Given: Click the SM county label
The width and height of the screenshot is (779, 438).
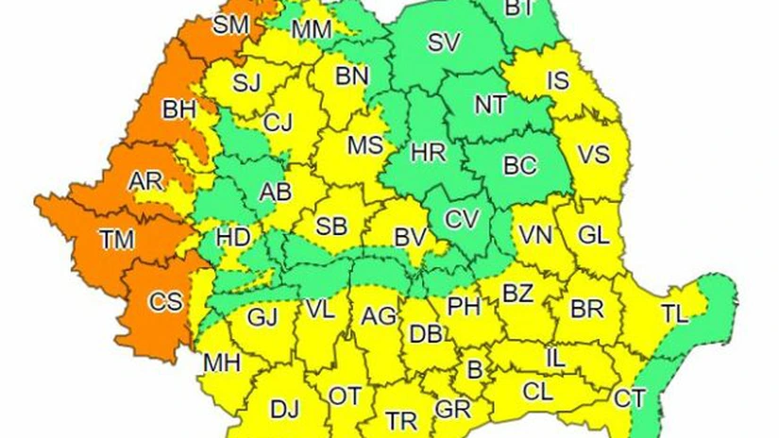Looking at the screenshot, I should point(230,25).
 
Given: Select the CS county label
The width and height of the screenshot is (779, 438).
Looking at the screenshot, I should point(166,303).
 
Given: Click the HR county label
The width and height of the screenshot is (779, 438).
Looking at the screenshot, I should point(428,152).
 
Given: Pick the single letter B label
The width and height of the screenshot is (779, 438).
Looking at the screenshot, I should point(475,367).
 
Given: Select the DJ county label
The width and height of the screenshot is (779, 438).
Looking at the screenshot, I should point(284,410).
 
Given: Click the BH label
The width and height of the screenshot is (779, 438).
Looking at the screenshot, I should point(178,109).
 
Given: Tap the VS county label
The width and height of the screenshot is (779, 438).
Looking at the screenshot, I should point(593,155).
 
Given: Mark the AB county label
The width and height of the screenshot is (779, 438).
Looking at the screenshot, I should point(275,192).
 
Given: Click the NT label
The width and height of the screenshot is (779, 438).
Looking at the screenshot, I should point(490,106).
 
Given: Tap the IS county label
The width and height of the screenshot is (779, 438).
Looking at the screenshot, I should point(558,81).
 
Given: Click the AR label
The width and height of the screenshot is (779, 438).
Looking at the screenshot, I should point(145,180).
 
